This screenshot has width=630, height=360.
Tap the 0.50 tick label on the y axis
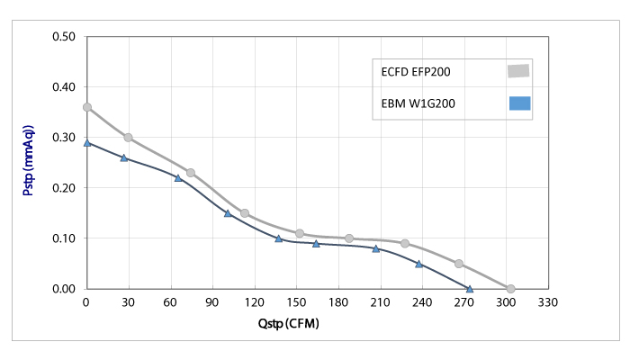tap(63, 37)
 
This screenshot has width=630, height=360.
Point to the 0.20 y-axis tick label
tap(63, 188)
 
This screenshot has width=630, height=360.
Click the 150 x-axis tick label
tap(296, 302)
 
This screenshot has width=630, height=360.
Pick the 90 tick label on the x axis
tap(212, 302)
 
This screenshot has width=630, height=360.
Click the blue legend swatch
tap(519, 103)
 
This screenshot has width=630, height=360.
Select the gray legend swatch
tap(518, 70)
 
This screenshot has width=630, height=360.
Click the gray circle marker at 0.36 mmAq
tap(87, 107)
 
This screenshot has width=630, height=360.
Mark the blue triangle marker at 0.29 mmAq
tap(87, 142)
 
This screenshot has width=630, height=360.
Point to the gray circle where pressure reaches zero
tap(510, 289)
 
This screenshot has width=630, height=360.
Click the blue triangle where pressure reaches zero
tap(470, 289)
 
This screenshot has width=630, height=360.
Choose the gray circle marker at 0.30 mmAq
tap(128, 138)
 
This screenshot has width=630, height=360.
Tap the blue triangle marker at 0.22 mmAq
tap(178, 177)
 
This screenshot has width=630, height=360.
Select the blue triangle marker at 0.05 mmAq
tap(418, 264)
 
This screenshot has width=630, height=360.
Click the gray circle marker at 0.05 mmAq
tap(459, 264)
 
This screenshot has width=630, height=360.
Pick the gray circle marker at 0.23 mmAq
tap(191, 173)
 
